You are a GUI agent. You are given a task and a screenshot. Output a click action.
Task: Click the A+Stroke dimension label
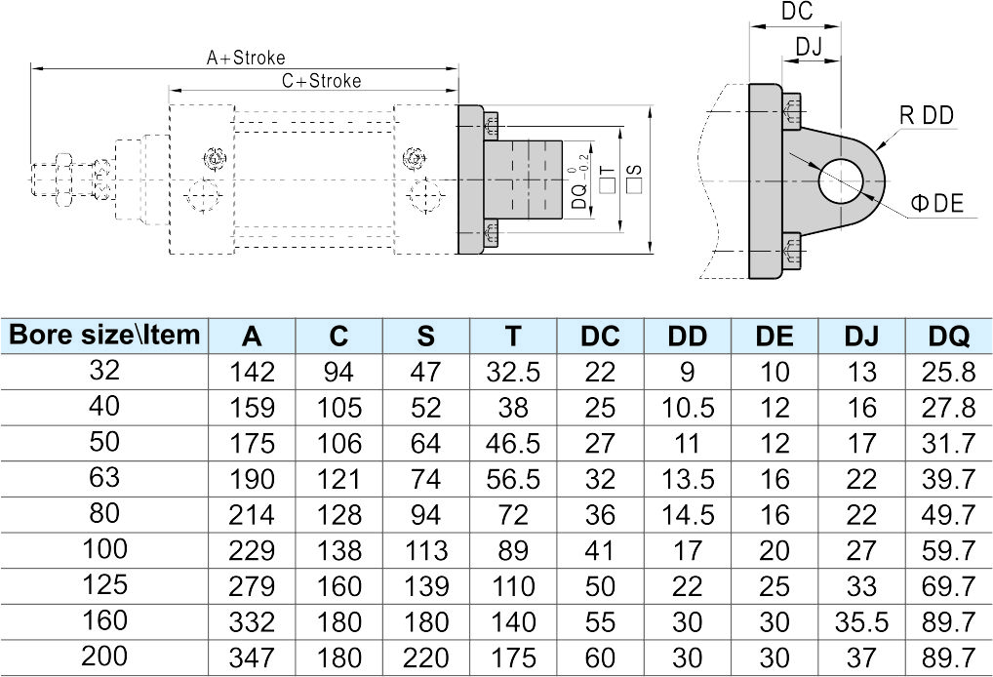click(246, 58)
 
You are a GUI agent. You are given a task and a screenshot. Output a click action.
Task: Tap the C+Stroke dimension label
click(321, 81)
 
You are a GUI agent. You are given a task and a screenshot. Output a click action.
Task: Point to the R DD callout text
click(926, 116)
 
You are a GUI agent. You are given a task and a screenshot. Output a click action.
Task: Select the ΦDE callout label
click(936, 203)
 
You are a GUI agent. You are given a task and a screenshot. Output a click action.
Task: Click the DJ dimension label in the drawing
click(810, 46)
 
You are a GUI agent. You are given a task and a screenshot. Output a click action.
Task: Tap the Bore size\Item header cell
click(104, 336)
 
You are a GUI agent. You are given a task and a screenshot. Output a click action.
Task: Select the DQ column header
click(948, 337)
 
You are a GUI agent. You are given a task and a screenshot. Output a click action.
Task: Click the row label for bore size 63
click(104, 477)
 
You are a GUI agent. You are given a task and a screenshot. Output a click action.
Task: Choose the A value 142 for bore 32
click(252, 372)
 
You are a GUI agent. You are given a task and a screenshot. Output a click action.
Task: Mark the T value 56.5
click(513, 478)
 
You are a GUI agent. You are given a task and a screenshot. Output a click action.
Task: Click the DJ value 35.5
click(861, 620)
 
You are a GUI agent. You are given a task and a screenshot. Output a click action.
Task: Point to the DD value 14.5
click(687, 514)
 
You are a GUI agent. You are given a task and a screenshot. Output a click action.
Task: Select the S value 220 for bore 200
click(425, 657)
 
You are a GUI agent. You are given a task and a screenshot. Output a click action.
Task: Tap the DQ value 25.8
click(948, 372)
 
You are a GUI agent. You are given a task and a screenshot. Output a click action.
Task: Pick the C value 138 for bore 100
click(338, 549)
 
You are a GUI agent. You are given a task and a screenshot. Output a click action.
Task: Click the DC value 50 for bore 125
click(600, 585)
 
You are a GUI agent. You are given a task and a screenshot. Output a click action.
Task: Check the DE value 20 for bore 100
click(775, 549)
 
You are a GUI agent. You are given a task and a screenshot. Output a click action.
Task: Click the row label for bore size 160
click(104, 619)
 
